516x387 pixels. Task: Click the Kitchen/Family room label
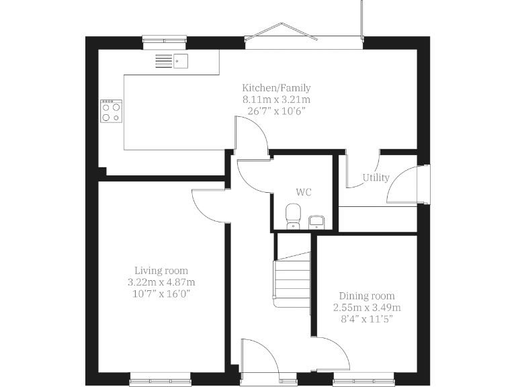pos(276,88)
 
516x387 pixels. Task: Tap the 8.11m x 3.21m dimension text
pos(276,99)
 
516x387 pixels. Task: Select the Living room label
pos(161,271)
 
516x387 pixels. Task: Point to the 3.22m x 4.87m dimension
pos(161,282)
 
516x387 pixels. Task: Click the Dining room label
pos(366,296)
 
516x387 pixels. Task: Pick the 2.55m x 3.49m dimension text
pos(366,307)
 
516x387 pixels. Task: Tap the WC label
pos(304,192)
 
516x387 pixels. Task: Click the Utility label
pos(376,178)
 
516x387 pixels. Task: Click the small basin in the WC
pos(316,221)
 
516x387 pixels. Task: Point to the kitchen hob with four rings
pos(111,111)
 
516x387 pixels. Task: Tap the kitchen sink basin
pos(181,61)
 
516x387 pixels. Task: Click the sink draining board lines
pos(163,61)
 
